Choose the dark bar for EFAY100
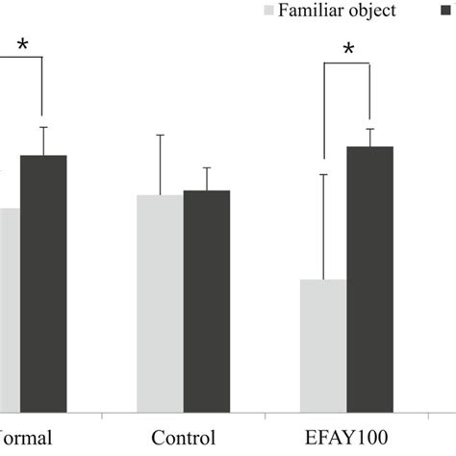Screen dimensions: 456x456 click(370, 279)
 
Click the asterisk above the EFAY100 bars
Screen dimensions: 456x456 click(347, 49)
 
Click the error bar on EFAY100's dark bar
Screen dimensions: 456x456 click(370, 137)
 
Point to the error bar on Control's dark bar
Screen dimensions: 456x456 click(207, 178)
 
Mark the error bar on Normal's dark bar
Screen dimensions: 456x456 click(43, 140)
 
